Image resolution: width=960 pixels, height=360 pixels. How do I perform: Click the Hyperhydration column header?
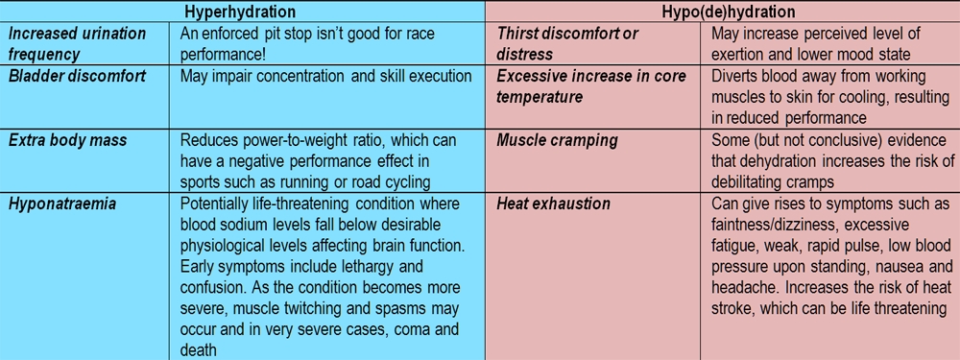coord(242,11)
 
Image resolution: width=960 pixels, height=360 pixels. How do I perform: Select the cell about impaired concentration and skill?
coord(326,76)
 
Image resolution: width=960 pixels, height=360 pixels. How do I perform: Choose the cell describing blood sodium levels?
coord(327,276)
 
